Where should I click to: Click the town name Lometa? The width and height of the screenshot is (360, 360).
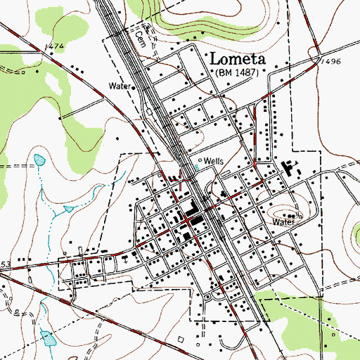point(240,58)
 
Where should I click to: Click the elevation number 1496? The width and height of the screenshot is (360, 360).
point(333,62)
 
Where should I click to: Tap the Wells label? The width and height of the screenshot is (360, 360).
point(213,161)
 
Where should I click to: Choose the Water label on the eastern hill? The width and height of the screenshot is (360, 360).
point(283,221)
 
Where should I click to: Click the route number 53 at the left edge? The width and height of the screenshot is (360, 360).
point(5,264)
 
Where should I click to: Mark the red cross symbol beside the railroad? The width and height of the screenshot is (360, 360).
point(184,181)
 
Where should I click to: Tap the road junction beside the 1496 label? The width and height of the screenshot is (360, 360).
point(317,58)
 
